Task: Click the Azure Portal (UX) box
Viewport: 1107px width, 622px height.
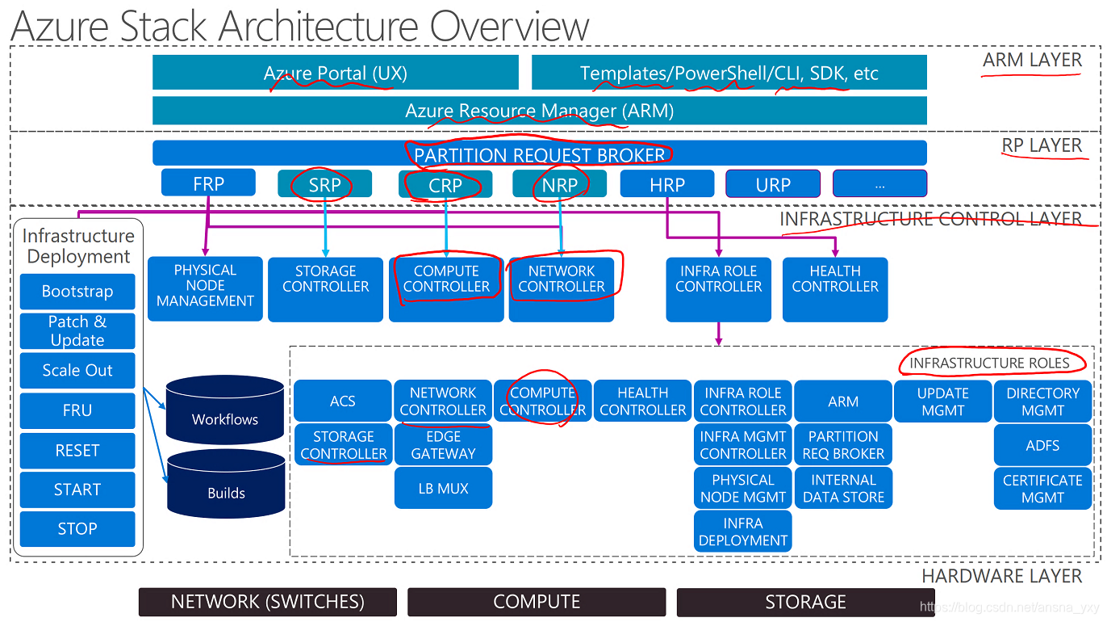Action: [x=335, y=74]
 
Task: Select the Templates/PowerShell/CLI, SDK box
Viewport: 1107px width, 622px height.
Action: [x=729, y=74]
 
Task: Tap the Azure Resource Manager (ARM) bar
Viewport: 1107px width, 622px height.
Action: [x=539, y=111]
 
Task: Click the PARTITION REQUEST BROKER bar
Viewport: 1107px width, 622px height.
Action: [x=539, y=153]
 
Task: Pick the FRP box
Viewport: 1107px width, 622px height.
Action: [x=208, y=183]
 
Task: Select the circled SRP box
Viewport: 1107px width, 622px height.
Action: [x=324, y=184]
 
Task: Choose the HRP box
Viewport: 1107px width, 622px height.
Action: [x=666, y=184]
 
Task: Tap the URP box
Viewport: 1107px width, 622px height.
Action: [x=772, y=184]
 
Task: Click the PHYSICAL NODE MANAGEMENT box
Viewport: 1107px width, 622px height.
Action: [x=205, y=287]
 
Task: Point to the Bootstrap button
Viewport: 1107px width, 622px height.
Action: [x=77, y=292]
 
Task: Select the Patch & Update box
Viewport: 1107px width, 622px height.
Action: [x=77, y=331]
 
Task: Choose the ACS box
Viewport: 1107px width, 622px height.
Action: [x=342, y=401]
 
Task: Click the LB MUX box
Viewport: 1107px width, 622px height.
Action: [x=443, y=489]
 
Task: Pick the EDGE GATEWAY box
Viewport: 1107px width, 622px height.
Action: [x=443, y=445]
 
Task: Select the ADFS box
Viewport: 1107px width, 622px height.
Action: [x=1042, y=445]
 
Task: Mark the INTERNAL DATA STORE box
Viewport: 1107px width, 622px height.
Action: [x=843, y=489]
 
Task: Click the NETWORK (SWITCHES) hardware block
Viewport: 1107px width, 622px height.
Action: [x=268, y=602]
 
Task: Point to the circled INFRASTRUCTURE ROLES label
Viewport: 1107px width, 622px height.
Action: [x=989, y=363]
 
